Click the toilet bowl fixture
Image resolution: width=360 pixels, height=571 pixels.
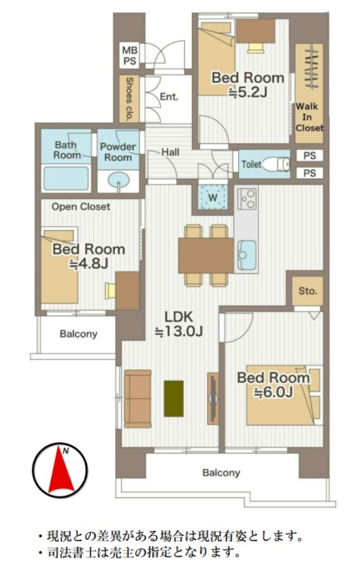coord(276,164)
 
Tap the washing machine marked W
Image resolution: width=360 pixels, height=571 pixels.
coord(213,197)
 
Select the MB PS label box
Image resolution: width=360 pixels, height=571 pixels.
coord(129,56)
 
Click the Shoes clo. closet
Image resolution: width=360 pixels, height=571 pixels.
coord(129,99)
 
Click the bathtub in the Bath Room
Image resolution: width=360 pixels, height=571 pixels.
coord(66,178)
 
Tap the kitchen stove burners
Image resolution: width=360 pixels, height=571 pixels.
coord(246,199)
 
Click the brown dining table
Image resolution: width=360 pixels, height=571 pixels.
coord(205,256)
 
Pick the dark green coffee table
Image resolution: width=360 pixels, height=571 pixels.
coord(174,398)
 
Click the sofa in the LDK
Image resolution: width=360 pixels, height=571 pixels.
coord(137,399)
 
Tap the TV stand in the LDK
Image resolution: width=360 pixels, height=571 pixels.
coord(213,398)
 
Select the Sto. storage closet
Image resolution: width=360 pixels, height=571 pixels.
coord(307,291)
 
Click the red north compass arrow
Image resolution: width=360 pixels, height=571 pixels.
coord(60,471)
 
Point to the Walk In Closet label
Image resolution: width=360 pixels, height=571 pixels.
coord(309,117)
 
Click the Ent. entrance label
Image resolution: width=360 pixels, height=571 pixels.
coord(169,97)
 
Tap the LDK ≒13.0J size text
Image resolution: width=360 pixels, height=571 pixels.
coord(178,323)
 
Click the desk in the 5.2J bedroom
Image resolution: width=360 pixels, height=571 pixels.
coord(256,31)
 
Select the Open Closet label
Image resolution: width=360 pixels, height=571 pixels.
coord(81,207)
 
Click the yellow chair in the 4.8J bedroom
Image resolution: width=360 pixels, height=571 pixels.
coord(110,291)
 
